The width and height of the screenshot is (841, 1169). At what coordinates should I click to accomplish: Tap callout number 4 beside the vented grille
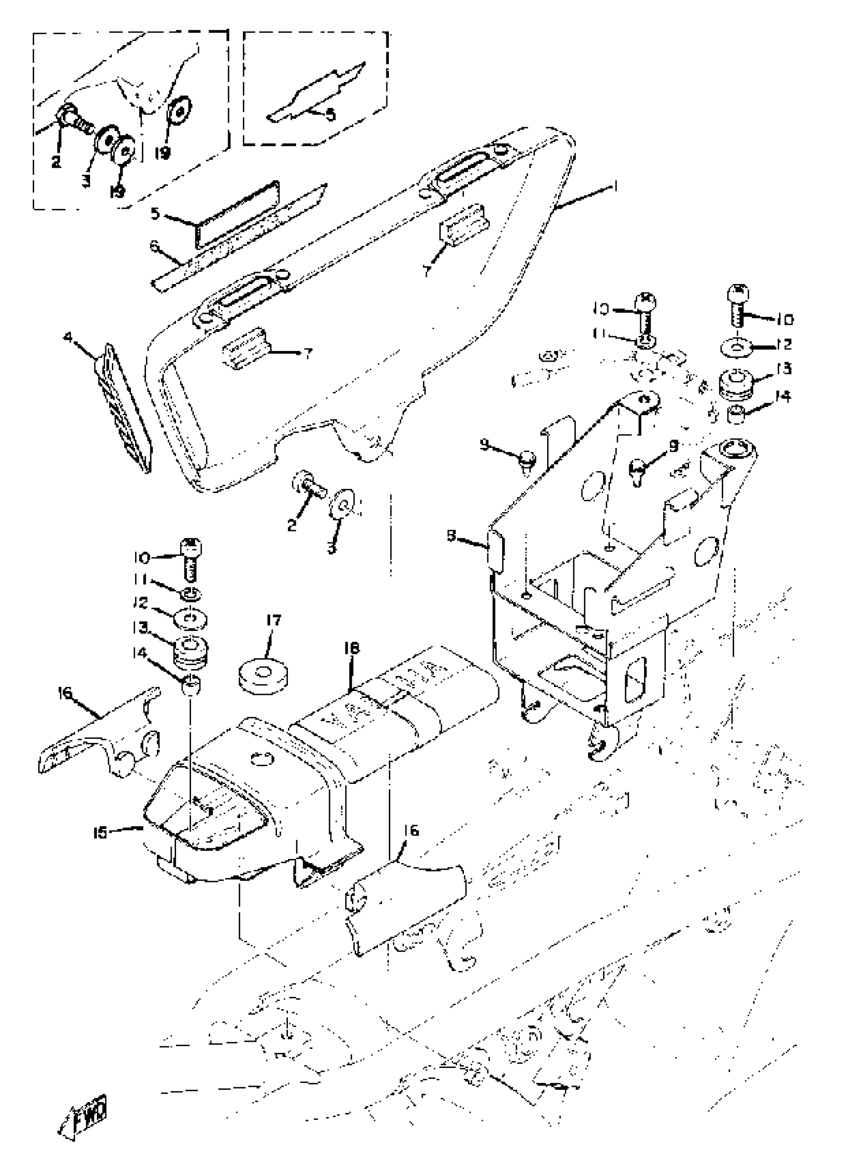[x=67, y=338]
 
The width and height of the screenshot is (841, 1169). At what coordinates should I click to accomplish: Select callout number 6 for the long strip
[x=153, y=246]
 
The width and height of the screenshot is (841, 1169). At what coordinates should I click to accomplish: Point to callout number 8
[x=451, y=536]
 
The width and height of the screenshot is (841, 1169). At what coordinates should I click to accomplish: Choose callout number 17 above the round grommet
[x=273, y=620]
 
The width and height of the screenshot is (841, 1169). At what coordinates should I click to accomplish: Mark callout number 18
[x=352, y=648]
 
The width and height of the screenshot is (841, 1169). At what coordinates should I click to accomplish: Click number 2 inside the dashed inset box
[x=55, y=161]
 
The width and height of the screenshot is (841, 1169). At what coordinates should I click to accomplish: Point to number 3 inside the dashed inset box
[x=86, y=181]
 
